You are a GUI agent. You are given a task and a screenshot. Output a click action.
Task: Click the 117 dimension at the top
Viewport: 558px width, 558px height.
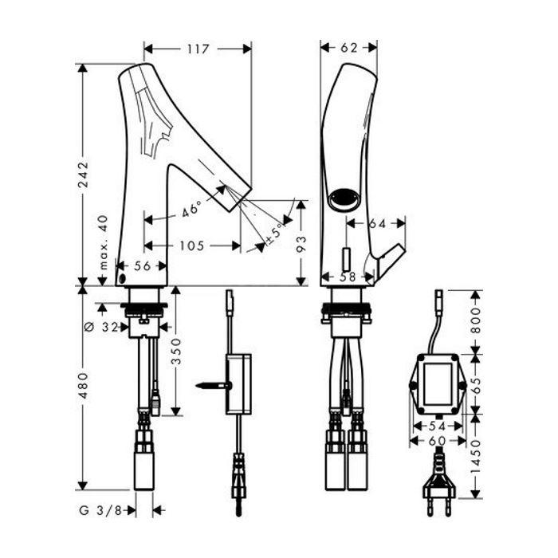click(198, 49)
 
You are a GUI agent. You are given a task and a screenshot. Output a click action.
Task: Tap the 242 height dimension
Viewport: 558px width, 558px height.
click(83, 175)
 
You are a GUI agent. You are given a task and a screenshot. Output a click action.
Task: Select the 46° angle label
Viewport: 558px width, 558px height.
click(191, 209)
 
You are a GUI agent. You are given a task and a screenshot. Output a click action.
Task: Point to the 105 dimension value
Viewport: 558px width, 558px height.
click(192, 246)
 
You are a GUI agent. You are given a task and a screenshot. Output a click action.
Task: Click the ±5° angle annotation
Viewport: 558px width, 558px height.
click(274, 233)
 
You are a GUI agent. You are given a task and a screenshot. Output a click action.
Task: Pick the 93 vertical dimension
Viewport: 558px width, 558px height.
click(301, 244)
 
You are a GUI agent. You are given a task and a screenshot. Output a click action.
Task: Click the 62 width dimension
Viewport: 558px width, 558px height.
click(349, 48)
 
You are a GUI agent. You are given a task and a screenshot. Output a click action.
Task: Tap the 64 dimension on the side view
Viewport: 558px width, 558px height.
click(377, 223)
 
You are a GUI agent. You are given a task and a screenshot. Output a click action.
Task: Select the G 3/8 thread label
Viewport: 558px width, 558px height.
click(100, 510)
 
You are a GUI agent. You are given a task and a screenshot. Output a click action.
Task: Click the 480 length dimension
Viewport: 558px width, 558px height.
click(83, 385)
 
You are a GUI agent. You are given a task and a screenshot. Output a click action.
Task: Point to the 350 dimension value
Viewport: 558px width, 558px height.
click(176, 352)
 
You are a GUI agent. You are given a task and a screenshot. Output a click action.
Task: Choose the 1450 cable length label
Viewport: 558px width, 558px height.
click(475, 457)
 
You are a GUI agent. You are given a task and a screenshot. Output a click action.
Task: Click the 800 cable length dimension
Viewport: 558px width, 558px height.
click(475, 320)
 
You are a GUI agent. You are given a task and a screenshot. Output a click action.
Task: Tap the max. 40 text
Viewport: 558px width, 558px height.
click(103, 242)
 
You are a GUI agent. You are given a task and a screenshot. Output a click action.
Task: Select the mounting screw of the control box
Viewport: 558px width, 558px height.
click(214, 385)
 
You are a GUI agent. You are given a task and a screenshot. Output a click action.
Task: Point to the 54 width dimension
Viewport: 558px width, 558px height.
click(438, 426)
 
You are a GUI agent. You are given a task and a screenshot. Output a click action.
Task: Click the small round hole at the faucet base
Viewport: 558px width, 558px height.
click(122, 279)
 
